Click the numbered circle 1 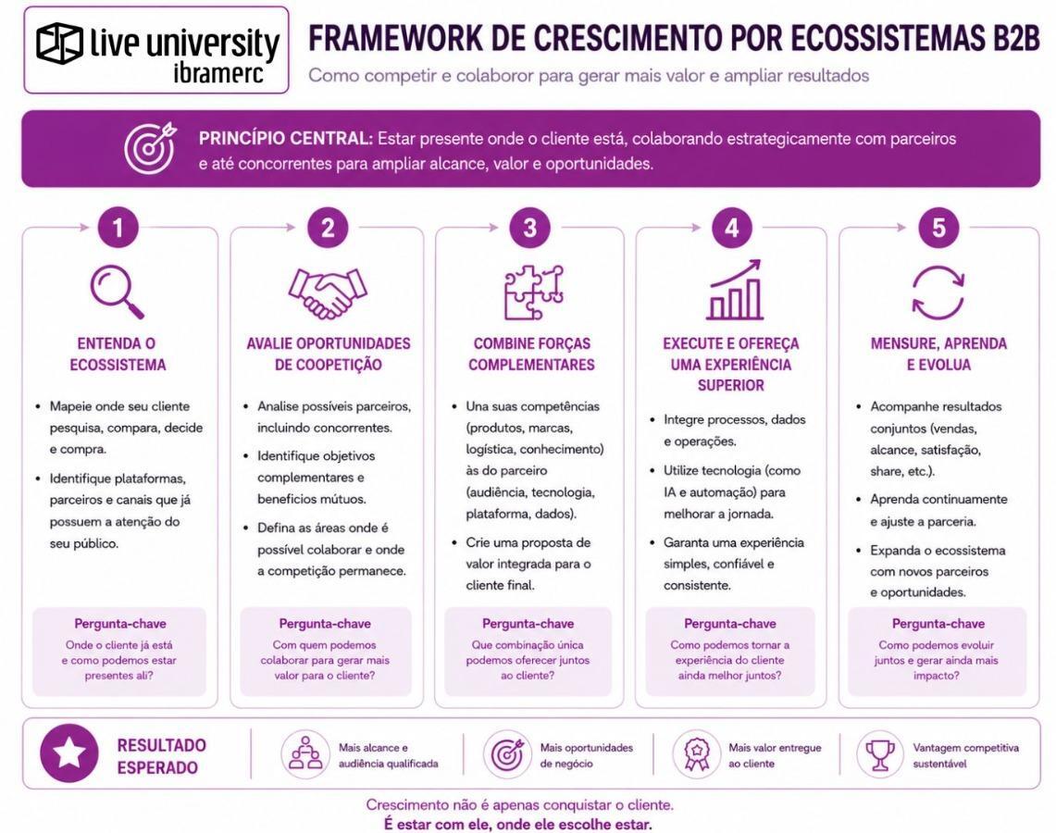tap(118, 228)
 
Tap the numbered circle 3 tap(530, 228)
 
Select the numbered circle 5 tap(938, 228)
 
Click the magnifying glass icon tap(118, 292)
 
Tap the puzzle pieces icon tap(533, 292)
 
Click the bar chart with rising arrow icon tap(734, 290)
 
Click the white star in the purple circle tap(69, 752)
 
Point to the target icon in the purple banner tap(150, 148)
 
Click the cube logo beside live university tap(60, 43)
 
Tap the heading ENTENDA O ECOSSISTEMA tap(118, 354)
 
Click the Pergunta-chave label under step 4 tap(730, 624)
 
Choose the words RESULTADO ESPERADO tap(162, 756)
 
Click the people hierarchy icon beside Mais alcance tap(305, 753)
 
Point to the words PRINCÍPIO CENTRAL tap(285, 139)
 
